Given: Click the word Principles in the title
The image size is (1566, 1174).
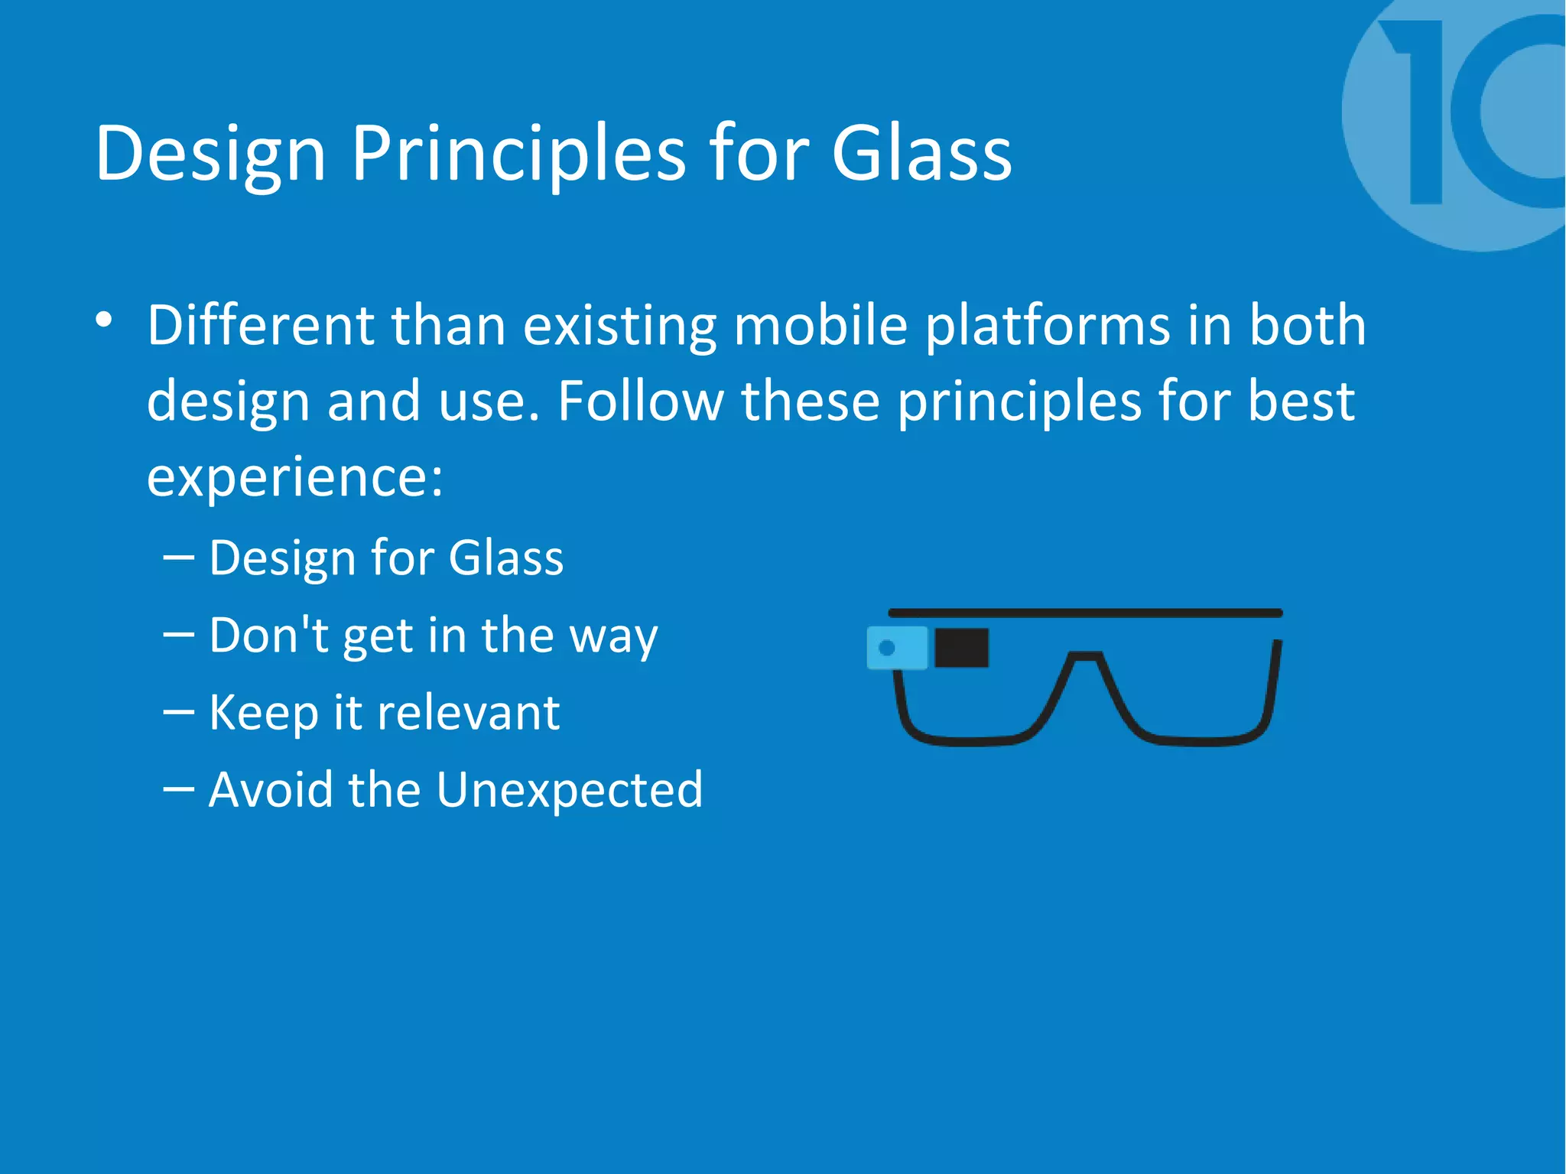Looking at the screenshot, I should tap(518, 155).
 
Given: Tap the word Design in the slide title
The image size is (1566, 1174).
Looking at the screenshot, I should tap(210, 155).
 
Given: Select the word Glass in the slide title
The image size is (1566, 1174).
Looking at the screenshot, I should tap(921, 155).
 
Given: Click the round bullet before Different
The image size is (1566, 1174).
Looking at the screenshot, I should tap(105, 320).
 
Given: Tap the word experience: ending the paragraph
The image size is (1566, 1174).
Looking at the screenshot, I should tap(294, 477).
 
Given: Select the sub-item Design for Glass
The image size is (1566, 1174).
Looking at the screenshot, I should tap(386, 558).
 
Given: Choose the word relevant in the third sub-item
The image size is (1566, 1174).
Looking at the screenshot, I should tap(469, 713).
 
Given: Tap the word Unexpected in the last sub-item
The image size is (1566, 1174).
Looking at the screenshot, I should tap(570, 789).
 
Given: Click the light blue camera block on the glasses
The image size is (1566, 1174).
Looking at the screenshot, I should tap(897, 648).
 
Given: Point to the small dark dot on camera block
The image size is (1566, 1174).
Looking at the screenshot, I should tap(887, 648).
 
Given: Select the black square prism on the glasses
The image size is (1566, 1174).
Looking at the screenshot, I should tap(961, 648).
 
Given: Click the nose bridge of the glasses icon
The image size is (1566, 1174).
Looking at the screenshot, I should tap(1084, 658).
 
